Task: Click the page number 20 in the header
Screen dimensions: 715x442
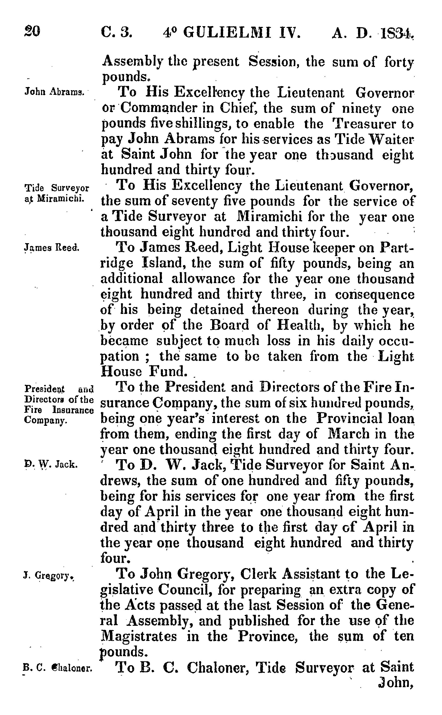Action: pos(32,32)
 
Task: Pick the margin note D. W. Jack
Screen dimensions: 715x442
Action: pos(51,464)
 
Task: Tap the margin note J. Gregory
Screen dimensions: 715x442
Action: pos(49,576)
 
